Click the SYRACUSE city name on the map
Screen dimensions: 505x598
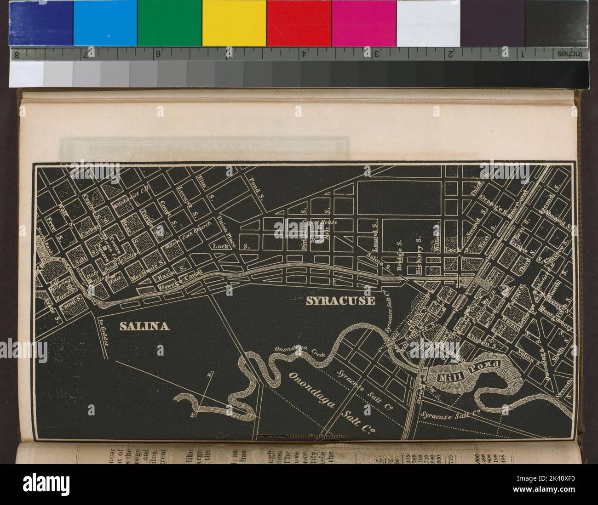[x=340, y=301]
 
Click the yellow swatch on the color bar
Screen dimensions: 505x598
[x=234, y=23]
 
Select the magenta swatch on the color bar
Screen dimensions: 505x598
[x=363, y=23]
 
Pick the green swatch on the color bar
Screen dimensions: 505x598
[x=169, y=23]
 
